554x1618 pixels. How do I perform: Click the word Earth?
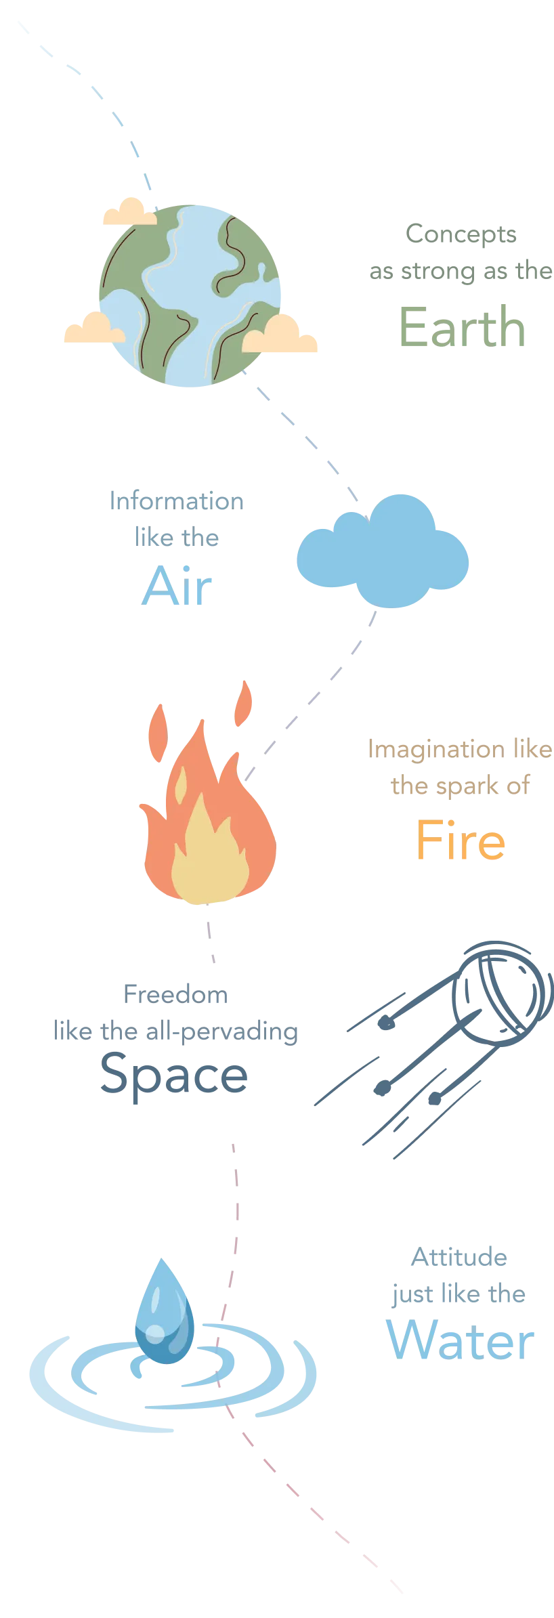coord(462,326)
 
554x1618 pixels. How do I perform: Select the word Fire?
coord(461,840)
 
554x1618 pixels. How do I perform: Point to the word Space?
coord(173,1076)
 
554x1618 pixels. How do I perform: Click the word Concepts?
coord(463,234)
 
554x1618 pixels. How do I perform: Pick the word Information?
coord(176,501)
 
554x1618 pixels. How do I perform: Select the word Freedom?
coord(175,995)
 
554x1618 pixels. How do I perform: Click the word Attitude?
coord(459,1258)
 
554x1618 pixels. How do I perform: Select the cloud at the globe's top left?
coord(129,211)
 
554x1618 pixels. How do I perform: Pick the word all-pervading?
coord(223,1031)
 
